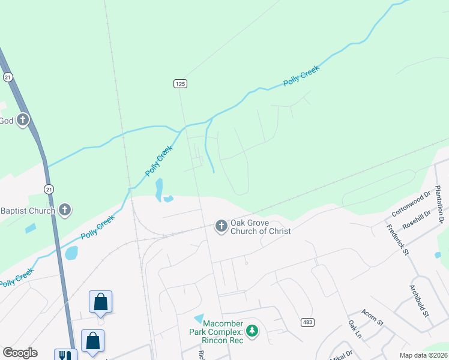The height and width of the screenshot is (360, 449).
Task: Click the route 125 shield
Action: pos(181,84)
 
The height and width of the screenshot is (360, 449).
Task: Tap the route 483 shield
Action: pos(307,322)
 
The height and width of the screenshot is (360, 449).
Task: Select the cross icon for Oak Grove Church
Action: pos(221,226)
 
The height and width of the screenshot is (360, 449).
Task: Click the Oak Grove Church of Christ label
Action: pos(261,226)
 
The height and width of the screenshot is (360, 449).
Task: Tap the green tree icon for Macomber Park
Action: pos(253,330)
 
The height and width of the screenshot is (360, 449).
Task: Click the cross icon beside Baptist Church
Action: pos(65,210)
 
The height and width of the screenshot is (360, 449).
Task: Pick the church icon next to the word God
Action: pos(23,120)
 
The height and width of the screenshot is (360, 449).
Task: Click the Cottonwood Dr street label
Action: pos(411,205)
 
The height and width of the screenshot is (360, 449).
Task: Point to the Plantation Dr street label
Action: pos(439,205)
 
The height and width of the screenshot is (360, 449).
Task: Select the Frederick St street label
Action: pos(397,240)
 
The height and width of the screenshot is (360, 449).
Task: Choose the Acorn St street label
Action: pos(372,317)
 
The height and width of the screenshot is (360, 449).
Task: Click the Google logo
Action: pos(20,353)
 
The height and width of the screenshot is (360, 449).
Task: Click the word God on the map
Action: pos(6,121)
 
